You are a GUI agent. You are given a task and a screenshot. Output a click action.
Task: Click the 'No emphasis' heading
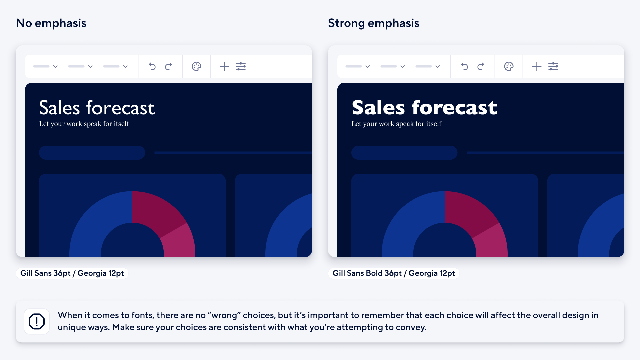(51, 23)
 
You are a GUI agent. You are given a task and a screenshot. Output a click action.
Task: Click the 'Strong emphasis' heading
(373, 23)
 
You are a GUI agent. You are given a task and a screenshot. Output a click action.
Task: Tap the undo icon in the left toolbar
(152, 66)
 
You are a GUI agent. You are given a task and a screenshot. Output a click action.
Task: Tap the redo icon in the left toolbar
(169, 66)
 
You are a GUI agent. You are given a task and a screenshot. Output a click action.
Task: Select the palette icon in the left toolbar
(197, 66)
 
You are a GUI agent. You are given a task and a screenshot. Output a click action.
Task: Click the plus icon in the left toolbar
(224, 66)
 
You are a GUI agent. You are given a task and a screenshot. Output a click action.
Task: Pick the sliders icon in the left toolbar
(241, 66)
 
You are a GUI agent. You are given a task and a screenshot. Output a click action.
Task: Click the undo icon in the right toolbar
(464, 66)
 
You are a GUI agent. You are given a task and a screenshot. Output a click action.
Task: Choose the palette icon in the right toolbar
(509, 66)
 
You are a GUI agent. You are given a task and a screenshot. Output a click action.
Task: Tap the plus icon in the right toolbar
(537, 66)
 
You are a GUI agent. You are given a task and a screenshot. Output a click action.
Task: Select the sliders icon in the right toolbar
(553, 66)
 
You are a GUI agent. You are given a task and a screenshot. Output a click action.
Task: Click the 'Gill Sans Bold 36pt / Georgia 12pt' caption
(394, 273)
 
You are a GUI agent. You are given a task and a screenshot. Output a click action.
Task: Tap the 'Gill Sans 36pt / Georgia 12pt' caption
(72, 273)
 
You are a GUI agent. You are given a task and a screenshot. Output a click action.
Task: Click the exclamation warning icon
(37, 321)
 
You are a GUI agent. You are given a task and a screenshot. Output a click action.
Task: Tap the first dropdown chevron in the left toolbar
(55, 66)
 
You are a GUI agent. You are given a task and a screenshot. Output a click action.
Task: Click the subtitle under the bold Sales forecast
(396, 124)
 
